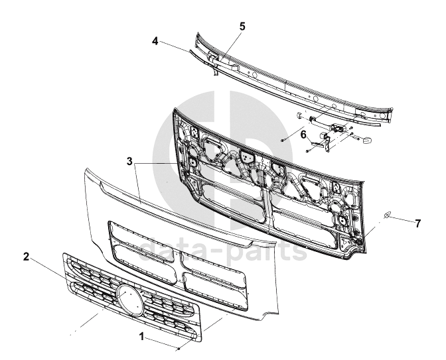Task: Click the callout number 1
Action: point(141,337)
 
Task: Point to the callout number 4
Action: point(155,40)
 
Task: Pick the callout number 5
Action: point(242,27)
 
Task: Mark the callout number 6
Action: point(303,134)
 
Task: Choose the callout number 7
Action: point(417,223)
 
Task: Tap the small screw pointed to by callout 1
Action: point(179,348)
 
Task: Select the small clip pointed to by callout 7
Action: point(388,215)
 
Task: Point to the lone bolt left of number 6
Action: point(283,141)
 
